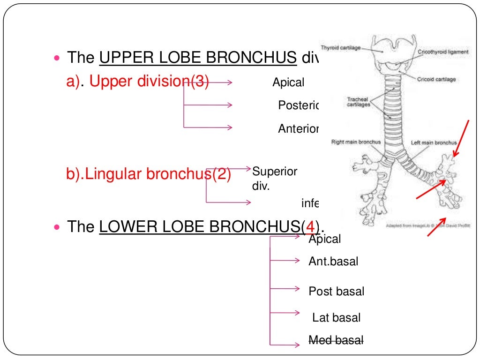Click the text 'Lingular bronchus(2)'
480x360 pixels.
pos(149,174)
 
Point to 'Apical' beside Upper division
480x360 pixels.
pos(288,83)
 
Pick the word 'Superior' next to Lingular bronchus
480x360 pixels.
pos(275,172)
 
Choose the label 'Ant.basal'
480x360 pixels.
pos(333,262)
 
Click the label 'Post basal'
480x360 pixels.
pos(336,292)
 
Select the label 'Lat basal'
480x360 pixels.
pos(336,318)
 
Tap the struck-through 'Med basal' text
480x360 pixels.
pos(336,340)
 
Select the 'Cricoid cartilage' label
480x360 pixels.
pos(436,80)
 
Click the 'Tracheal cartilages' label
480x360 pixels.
pos(359,102)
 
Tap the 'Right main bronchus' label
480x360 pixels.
pos(356,142)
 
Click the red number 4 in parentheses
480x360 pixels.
pos(309,227)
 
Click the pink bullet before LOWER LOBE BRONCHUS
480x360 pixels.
pos(58,227)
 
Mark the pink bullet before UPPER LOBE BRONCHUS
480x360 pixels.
pos(58,59)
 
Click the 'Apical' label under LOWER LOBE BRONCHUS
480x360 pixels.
pos(324,239)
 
